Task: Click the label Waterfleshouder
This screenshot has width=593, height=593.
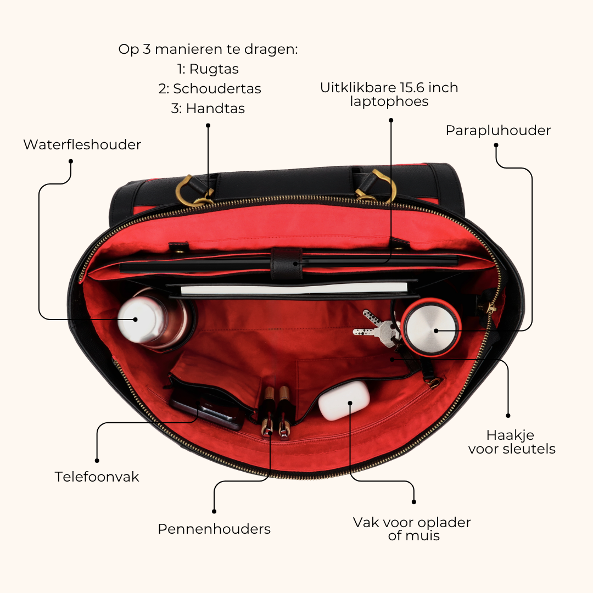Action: pos(82,144)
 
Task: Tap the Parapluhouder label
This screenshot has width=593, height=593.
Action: pos(498,131)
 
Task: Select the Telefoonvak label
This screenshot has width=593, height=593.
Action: pos(97,477)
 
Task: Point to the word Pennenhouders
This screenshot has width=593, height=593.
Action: pos(214,529)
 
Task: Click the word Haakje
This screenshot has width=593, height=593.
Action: pos(510,435)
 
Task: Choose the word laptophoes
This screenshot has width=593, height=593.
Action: pos(389,102)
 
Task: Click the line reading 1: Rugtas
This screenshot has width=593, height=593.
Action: pos(208,69)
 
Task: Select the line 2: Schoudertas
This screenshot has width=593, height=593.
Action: pos(210,89)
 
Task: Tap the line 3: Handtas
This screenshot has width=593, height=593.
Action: pos(208,109)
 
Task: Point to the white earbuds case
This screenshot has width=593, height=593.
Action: pos(343,401)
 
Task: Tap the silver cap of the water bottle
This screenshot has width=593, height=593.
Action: pos(136,320)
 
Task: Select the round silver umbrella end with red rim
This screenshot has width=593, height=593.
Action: pos(431,327)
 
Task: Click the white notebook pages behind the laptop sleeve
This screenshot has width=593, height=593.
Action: pos(294,289)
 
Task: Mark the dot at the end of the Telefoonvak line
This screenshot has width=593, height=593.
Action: pos(97,461)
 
